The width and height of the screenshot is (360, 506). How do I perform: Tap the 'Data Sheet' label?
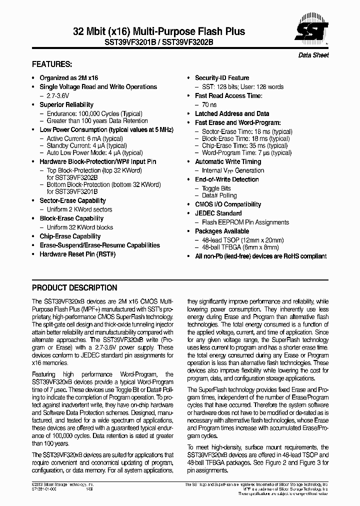313,55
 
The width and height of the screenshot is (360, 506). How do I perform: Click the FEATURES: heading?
52,65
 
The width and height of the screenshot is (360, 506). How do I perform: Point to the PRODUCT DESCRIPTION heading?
74,288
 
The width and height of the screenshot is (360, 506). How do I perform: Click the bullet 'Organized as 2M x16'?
68,78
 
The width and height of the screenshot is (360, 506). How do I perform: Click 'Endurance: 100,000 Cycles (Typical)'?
94,113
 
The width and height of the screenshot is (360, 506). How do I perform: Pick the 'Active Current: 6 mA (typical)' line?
84,138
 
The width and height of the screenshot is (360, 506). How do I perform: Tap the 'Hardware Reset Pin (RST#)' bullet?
77,254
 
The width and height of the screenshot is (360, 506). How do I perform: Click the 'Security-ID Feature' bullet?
221,78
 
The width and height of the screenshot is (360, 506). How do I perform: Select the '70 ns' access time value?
209,105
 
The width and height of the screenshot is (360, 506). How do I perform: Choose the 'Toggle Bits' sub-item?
216,188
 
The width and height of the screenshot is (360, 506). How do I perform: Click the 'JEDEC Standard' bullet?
218,213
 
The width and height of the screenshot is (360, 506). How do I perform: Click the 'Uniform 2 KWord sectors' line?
79,209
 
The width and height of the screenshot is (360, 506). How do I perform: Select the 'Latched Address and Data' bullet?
231,113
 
